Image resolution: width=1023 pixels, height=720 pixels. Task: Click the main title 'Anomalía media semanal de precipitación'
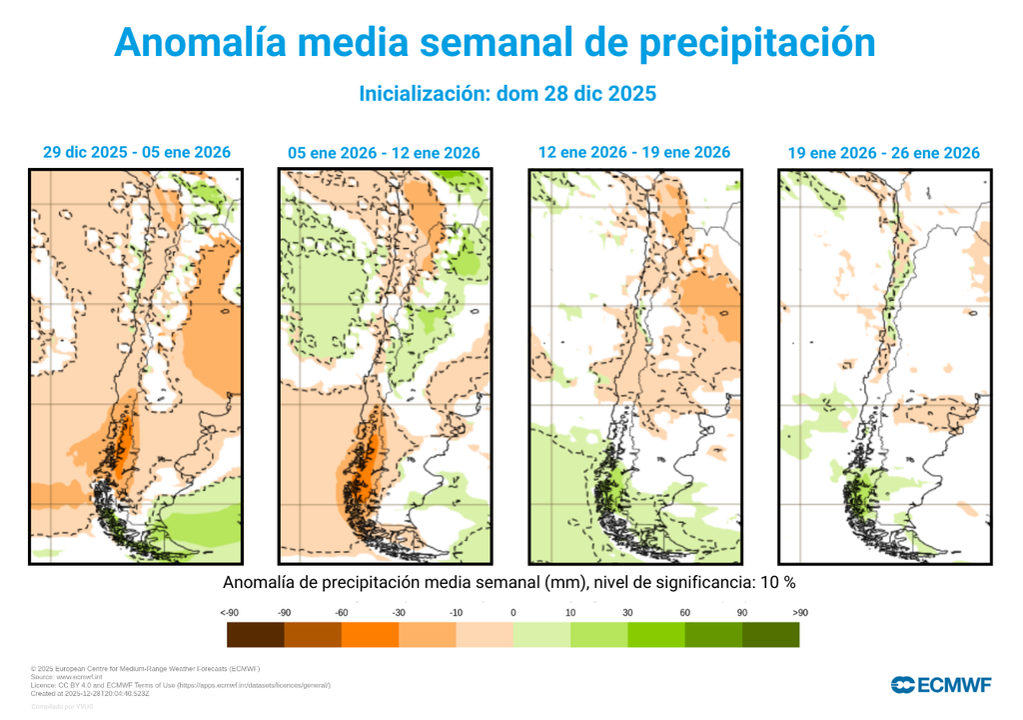coord(495,43)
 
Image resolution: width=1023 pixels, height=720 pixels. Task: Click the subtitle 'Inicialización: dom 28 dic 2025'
coord(507,94)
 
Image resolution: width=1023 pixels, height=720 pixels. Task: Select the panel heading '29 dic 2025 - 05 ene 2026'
coord(136,152)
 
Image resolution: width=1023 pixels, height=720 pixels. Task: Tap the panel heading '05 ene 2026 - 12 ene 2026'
coord(384,153)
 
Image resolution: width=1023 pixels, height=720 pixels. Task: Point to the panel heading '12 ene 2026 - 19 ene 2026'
coord(633,152)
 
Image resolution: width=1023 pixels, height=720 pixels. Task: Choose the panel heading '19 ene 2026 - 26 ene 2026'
coord(883,153)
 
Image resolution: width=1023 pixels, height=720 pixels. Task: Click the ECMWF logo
coord(941,685)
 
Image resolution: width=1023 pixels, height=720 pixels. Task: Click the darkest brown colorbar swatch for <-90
coord(256,635)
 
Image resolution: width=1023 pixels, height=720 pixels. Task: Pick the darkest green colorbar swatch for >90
coord(770,635)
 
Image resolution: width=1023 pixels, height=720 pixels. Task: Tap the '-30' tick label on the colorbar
coord(399,611)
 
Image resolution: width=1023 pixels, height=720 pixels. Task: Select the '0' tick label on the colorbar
coord(512,611)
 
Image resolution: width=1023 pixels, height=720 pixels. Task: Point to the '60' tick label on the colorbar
coord(684,611)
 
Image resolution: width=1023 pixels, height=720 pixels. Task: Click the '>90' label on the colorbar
coord(799,611)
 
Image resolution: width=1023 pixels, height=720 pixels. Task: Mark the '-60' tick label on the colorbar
coord(342,611)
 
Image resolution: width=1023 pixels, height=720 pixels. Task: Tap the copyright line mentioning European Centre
coord(145,668)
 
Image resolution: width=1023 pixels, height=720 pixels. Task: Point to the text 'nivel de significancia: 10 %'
coord(703,582)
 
